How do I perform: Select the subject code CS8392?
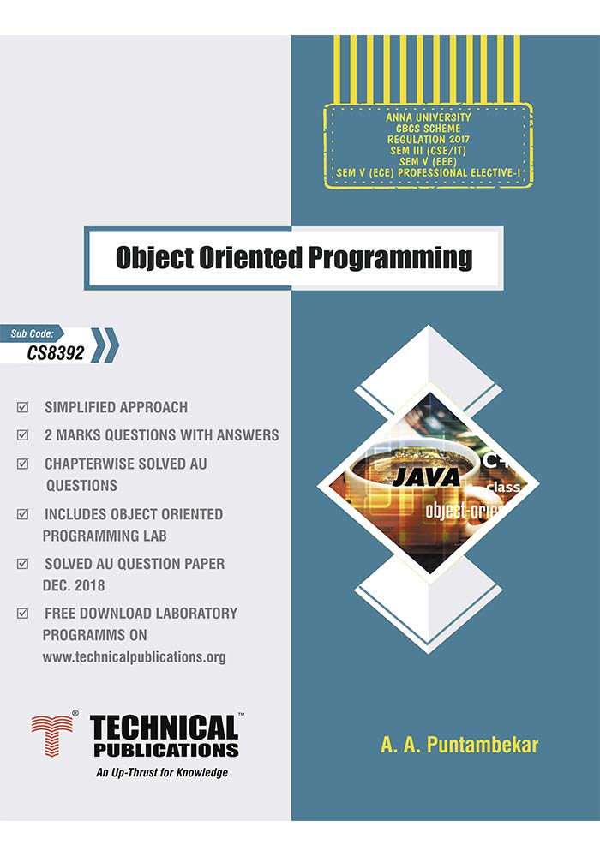[56, 351]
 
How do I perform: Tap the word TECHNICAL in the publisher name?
[164, 729]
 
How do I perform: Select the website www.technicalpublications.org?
[134, 657]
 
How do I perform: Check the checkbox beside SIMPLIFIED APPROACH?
[23, 407]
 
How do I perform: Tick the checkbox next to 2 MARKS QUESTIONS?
[23, 435]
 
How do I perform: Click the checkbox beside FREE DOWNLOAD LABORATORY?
[23, 614]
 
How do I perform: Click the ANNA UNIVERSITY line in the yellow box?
[428, 117]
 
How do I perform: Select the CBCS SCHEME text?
[428, 129]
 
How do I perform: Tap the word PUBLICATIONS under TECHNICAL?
[164, 750]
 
